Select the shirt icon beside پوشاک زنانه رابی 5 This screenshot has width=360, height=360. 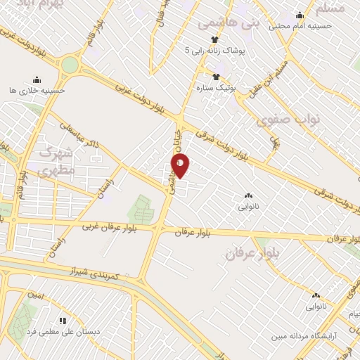216,39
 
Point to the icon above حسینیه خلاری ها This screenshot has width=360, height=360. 37,79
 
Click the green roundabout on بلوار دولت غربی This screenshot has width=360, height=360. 69,65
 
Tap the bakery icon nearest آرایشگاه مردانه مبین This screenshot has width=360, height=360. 316,296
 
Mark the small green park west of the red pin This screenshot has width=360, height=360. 142,209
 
